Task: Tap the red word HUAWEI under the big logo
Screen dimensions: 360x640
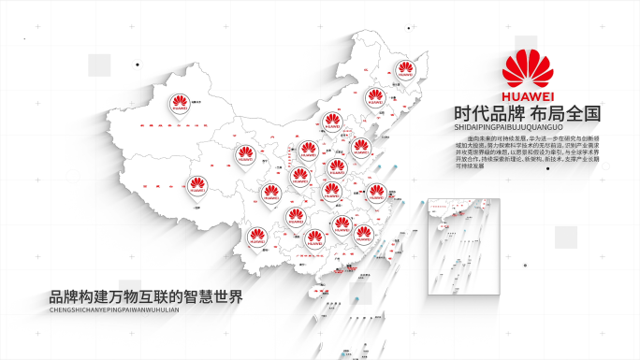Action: [529, 95]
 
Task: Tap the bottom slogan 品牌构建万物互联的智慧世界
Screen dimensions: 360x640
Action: [147, 297]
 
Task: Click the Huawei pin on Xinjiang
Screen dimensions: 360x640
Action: [178, 104]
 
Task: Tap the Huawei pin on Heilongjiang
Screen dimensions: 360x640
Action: [406, 70]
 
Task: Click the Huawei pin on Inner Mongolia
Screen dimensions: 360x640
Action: [332, 122]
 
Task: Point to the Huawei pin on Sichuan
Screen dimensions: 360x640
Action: [270, 194]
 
